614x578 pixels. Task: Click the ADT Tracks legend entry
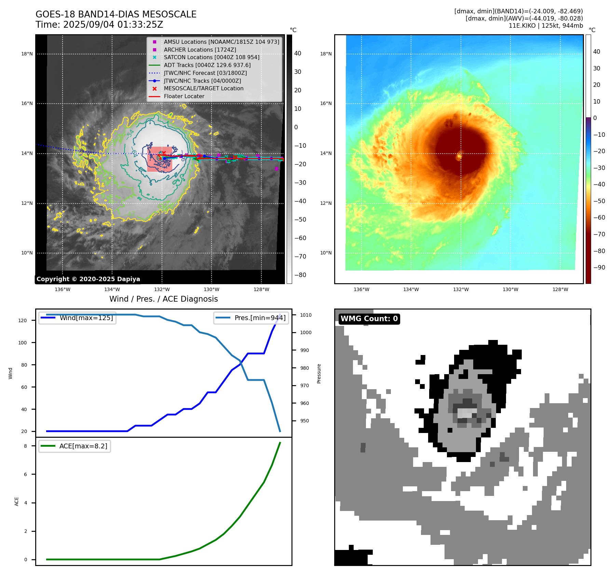pos(207,65)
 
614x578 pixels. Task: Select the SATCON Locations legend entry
pos(212,57)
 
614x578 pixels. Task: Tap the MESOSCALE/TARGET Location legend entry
pos(204,88)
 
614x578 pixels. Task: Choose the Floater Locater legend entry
pos(184,96)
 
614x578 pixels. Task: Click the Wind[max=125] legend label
pos(86,318)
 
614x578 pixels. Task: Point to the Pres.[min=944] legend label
pos(260,318)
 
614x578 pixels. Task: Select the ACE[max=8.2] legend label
pos(83,446)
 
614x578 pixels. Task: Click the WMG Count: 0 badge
pos(369,319)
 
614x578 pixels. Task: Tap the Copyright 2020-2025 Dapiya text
pos(88,279)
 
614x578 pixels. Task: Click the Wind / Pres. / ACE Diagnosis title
pos(163,299)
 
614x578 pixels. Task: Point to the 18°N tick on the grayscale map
pos(27,54)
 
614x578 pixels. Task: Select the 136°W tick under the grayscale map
pos(63,289)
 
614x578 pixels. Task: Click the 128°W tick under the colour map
pos(560,289)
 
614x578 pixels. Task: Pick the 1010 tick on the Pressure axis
pos(306,315)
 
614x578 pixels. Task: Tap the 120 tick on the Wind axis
pos(22,320)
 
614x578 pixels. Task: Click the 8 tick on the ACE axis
pos(25,446)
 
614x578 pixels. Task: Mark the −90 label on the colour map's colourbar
pos(599,267)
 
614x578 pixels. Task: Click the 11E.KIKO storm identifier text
pos(522,26)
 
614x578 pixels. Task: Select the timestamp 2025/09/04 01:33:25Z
pos(113,25)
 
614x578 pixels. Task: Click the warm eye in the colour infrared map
pos(459,156)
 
